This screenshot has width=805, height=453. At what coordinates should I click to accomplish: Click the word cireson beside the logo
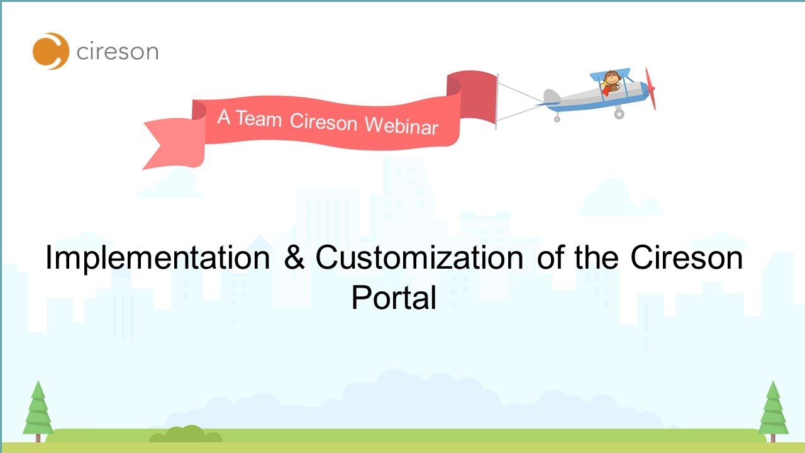click(x=117, y=52)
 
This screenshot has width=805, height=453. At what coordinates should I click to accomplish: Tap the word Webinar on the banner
click(x=401, y=125)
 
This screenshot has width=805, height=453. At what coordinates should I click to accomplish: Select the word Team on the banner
click(x=259, y=119)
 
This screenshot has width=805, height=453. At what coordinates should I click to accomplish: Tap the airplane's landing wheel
click(x=619, y=114)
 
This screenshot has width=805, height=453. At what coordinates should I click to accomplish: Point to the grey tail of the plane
click(x=552, y=96)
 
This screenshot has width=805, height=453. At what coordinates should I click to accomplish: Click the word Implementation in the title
click(x=158, y=258)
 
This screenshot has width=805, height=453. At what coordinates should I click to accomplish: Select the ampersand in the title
click(x=293, y=259)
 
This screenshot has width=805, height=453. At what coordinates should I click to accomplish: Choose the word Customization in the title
click(x=419, y=258)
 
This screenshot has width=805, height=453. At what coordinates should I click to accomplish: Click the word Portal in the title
click(x=394, y=297)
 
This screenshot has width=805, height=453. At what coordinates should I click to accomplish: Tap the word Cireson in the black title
click(x=687, y=258)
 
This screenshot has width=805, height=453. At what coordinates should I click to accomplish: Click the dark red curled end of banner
click(x=472, y=98)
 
